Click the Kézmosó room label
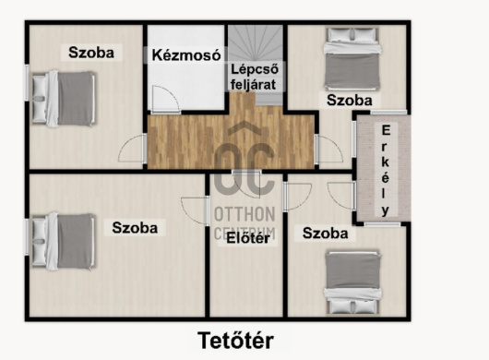[x=186, y=55]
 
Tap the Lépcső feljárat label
[x=254, y=77]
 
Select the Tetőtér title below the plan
[x=236, y=341]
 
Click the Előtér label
[x=248, y=239]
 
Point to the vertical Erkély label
[x=386, y=170]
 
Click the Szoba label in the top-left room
[x=91, y=53]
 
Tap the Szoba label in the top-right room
[x=350, y=101]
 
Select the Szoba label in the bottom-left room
[x=135, y=228]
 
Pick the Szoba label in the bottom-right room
[x=326, y=234]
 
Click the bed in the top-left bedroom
[x=64, y=98]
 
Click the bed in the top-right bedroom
[x=352, y=60]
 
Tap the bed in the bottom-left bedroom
[x=64, y=241]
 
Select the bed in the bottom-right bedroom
[x=353, y=282]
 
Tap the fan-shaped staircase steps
[x=256, y=43]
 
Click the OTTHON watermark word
[x=244, y=214]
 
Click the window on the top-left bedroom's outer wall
[x=27, y=83]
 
